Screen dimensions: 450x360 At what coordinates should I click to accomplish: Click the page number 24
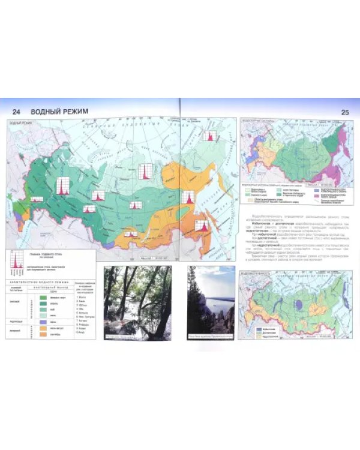pyautogui.click(x=17, y=112)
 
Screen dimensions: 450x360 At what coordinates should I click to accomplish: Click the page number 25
pyautogui.click(x=344, y=112)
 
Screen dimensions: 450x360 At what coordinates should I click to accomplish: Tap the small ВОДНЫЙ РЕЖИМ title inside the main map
pyautogui.click(x=21, y=122)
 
